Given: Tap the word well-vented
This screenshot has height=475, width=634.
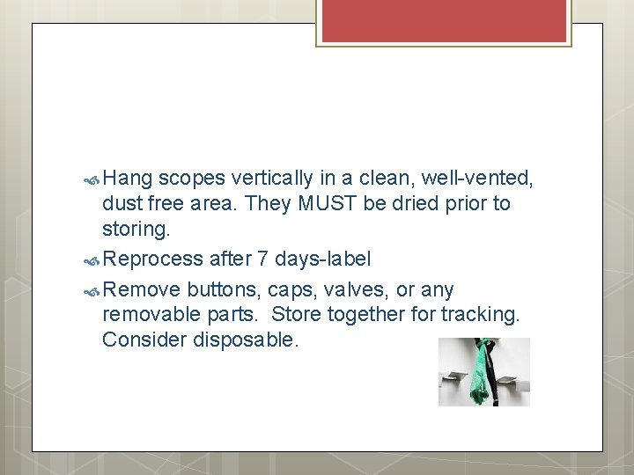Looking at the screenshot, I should tap(477, 179).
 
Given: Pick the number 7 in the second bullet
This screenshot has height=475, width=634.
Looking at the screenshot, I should tap(262, 259).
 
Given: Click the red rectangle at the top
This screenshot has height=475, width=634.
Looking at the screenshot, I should tap(443, 20).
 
